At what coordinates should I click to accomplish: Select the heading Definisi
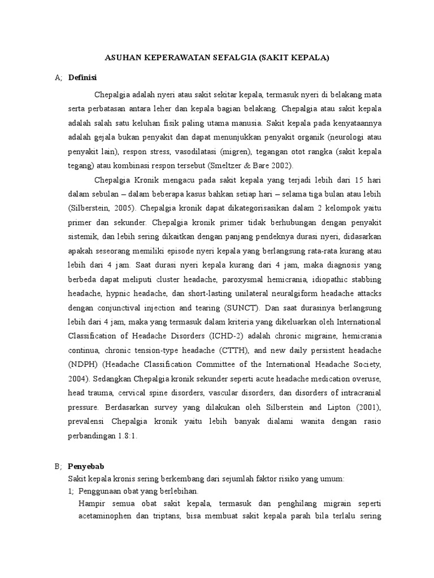coord(83,78)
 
